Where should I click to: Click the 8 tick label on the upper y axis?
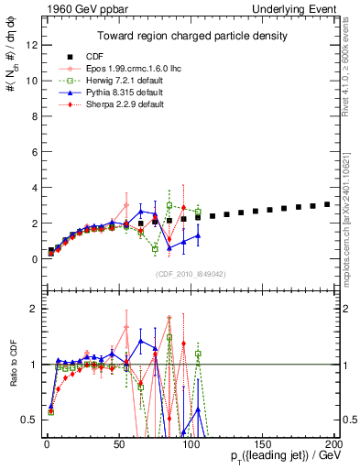pos(33,115)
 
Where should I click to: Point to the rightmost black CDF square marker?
pos(328,204)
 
